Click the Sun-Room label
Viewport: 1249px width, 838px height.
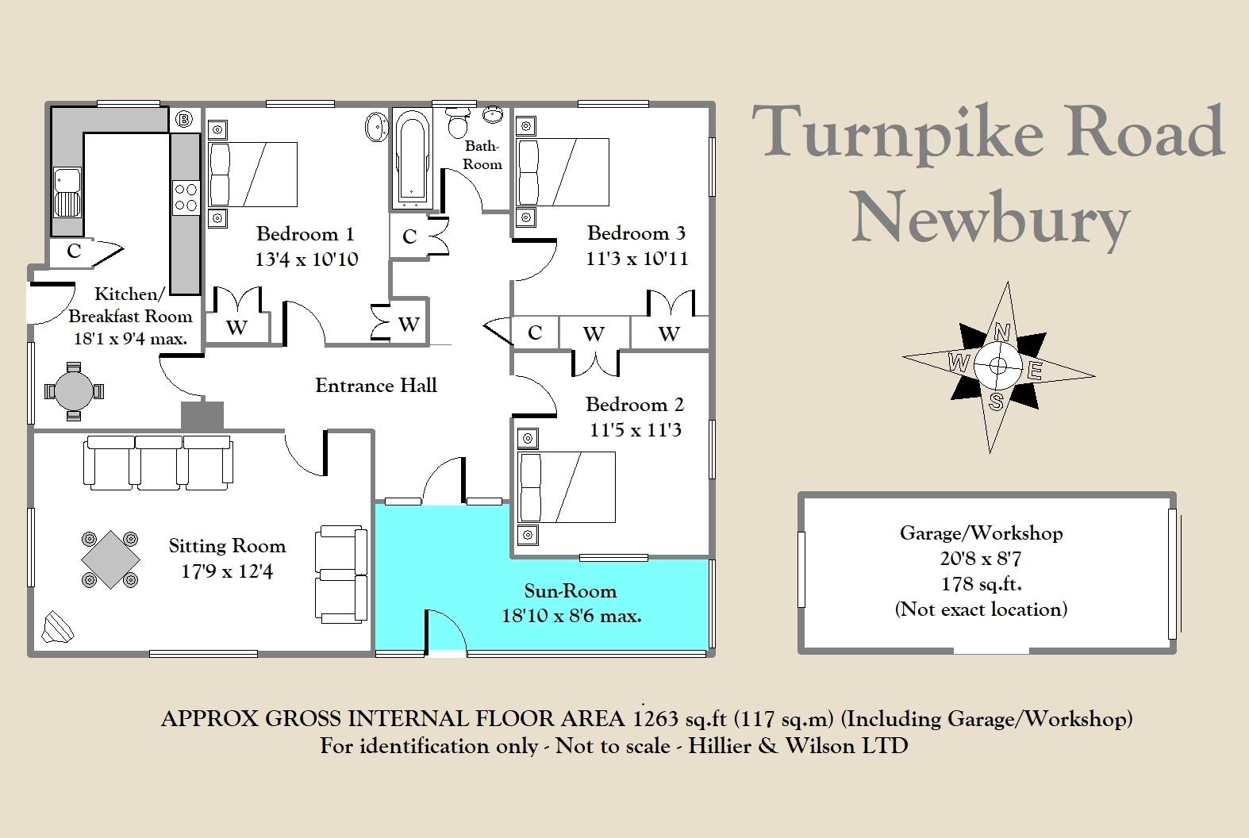click(570, 591)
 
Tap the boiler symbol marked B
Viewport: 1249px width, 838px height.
click(184, 120)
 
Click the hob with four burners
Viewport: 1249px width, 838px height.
click(185, 198)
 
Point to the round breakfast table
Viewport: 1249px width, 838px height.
click(74, 390)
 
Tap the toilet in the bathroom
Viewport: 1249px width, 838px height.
click(458, 124)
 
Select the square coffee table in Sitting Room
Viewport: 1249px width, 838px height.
click(110, 559)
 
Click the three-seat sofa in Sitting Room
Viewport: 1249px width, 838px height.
click(159, 460)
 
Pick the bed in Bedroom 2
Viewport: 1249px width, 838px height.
click(566, 487)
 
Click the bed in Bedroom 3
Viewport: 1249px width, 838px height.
click(562, 172)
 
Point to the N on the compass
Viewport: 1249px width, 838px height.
click(1002, 332)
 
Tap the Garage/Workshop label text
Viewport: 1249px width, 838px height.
click(981, 532)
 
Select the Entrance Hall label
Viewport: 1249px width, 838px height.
click(376, 386)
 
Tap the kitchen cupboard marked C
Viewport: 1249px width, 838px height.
click(74, 252)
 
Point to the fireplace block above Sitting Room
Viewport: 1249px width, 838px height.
click(202, 416)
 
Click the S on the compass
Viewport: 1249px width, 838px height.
click(996, 402)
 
